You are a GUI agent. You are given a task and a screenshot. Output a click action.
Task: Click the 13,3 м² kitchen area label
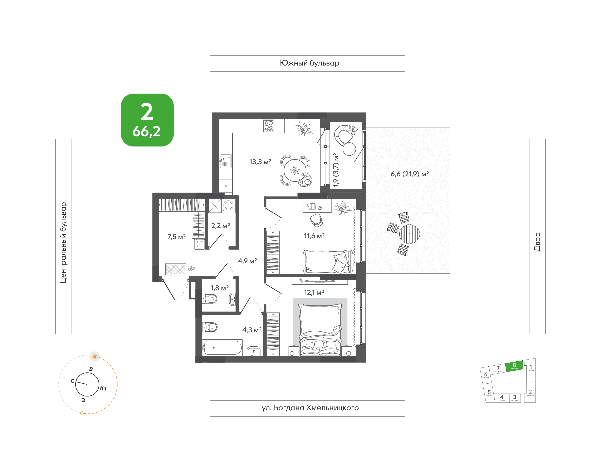(260, 162)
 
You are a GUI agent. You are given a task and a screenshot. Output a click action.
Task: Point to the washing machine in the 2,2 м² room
(228, 206)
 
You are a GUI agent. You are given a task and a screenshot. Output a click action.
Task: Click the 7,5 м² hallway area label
(176, 237)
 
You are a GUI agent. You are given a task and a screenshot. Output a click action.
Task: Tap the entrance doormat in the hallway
(176, 269)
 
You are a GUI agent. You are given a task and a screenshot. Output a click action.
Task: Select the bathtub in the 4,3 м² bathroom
(222, 347)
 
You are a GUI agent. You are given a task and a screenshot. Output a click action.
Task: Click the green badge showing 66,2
(147, 120)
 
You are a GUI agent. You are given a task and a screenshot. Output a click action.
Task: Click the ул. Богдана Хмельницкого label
(310, 408)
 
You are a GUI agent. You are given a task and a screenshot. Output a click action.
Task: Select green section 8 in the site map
(514, 366)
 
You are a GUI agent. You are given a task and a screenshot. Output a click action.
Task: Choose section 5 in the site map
(489, 393)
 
